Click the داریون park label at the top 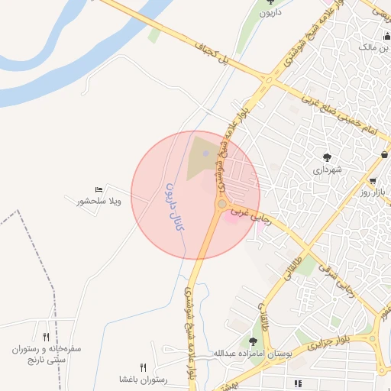coord(270,14)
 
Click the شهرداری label coord(327,170)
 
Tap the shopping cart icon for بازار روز coord(372,181)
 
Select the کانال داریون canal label coord(175,206)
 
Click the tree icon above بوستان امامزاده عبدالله coord(253,341)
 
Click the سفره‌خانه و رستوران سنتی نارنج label coord(47,354)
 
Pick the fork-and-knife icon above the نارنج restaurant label coord(46,336)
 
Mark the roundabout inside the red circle coord(221,204)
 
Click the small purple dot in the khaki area coord(206,155)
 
